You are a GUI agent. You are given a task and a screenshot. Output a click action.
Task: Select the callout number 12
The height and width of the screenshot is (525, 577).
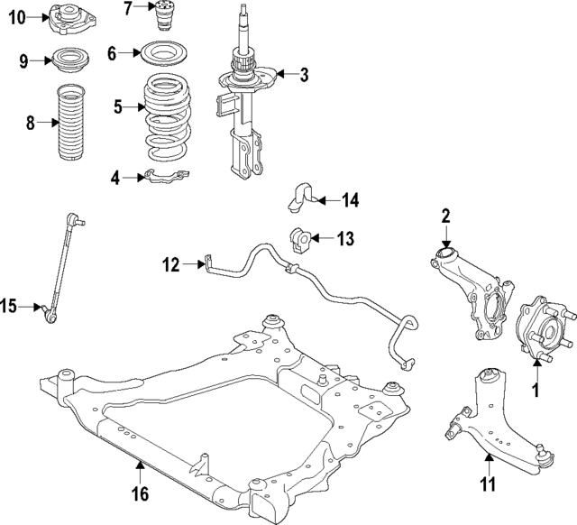point(171,264)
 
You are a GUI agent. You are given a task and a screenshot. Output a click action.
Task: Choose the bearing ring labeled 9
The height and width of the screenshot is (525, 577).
point(67,61)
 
